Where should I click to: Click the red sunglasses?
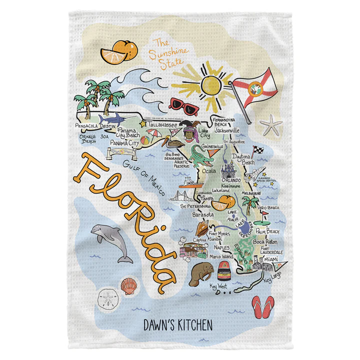click(x=183, y=105)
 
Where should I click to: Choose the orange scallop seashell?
click(x=129, y=286)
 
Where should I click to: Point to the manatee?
click(x=200, y=273)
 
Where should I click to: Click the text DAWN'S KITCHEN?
click(x=178, y=325)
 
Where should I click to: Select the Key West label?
click(x=218, y=286)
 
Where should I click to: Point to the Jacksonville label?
click(x=227, y=130)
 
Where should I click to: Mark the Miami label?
click(x=272, y=259)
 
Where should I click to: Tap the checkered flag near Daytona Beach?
click(x=257, y=149)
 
